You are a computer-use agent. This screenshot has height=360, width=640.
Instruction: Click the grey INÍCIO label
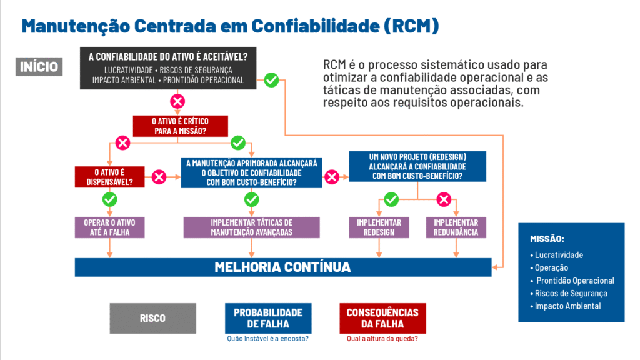39,66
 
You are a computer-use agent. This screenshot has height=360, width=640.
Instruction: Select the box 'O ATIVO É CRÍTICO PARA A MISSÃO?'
180,126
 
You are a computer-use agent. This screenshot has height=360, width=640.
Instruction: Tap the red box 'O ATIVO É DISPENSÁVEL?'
109,177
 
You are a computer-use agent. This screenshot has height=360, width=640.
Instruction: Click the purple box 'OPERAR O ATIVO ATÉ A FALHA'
109,227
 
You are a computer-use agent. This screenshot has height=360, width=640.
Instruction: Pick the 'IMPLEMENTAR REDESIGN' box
379,227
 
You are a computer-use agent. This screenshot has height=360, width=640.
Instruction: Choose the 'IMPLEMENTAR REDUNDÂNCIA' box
456,227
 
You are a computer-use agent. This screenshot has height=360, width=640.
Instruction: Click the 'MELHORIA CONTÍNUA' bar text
282,267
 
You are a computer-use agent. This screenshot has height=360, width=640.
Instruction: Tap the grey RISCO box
152,318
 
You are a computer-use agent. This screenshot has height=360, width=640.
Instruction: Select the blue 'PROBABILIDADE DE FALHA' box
268,318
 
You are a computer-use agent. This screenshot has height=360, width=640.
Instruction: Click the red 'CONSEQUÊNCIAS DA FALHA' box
382,318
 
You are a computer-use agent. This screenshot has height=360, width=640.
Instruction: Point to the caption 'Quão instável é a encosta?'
267,339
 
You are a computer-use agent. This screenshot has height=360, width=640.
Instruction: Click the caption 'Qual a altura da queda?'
382,339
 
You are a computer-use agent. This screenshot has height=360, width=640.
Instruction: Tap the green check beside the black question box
271,80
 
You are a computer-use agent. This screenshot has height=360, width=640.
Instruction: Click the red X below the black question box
177,101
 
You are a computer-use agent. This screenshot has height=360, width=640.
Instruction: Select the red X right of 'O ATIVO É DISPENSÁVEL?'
159,177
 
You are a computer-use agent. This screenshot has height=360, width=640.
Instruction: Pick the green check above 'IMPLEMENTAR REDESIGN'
391,199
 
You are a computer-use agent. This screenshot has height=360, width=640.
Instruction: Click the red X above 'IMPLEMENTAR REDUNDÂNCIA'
444,199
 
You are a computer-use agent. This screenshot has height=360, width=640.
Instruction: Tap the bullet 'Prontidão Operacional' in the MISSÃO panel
572,281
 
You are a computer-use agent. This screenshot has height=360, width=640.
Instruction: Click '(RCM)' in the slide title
411,26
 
